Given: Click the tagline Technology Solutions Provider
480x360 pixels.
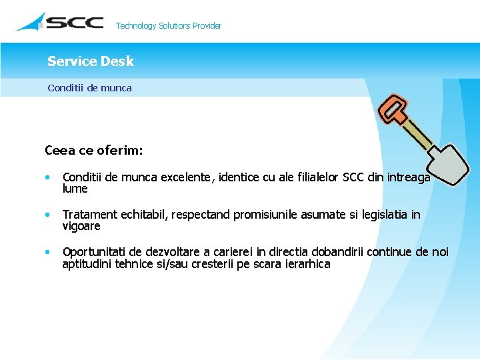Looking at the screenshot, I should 168,26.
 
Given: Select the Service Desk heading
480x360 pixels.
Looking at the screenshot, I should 91,61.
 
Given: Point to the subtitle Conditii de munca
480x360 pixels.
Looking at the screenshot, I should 89,87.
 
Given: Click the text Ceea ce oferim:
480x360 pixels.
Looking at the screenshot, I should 93,150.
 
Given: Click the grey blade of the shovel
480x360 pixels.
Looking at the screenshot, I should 445,163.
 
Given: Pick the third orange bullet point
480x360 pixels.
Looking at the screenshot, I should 47,253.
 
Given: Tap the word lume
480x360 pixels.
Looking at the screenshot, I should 75,189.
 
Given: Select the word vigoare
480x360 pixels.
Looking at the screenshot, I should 81,226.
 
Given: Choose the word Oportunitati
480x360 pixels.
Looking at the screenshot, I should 94,252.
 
